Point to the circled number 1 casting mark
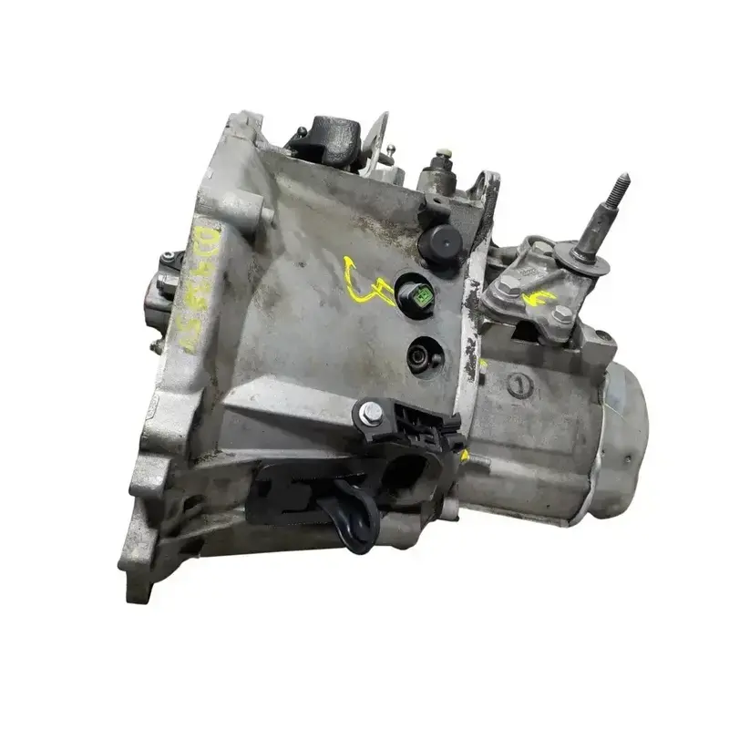tap(519, 385)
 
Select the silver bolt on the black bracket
tap(372, 416)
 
